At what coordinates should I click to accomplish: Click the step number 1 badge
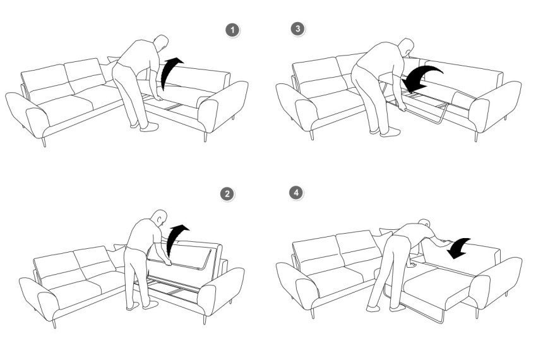coord(232,30)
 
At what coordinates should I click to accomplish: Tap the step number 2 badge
coord(227,194)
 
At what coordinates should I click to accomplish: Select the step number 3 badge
coord(298,29)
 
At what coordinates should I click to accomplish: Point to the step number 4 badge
coord(296,192)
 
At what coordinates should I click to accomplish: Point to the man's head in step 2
coord(160,218)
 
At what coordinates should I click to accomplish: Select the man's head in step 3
coord(406,47)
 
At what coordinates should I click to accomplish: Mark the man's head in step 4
coord(424,223)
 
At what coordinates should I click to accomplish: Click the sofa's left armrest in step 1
coord(28,114)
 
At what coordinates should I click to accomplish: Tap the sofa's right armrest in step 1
coord(224,104)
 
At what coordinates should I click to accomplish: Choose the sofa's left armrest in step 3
coord(297,106)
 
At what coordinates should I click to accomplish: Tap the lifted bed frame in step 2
coord(184,256)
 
